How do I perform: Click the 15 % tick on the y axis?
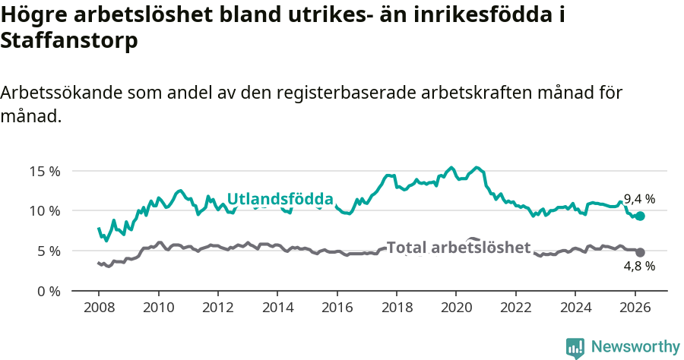44,171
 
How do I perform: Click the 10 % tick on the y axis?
44,210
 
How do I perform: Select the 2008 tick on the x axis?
99,308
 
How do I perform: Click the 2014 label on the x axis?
277,308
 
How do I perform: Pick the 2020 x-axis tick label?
456,308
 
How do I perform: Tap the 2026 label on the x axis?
635,308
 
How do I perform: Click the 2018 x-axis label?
397,308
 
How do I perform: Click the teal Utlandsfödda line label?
280,200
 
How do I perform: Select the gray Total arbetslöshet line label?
458,248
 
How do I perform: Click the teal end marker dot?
640,216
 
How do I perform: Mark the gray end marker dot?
640,252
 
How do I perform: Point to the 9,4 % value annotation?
639,199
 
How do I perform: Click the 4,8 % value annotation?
639,267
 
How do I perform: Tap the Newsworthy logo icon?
575,347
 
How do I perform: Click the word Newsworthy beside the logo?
635,347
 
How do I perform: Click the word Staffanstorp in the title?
69,41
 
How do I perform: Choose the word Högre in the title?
33,14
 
